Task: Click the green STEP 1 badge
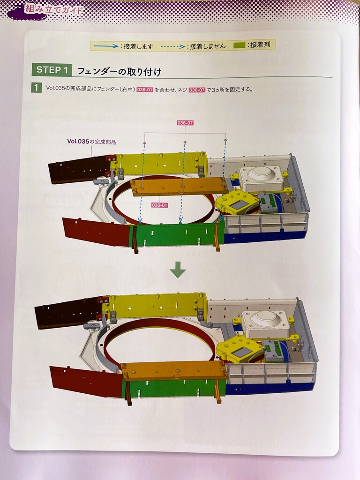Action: [52, 70]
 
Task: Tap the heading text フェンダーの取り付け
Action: [119, 72]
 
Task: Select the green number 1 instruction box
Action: [36, 88]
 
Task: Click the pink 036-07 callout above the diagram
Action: [185, 123]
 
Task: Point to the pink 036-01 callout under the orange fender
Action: [160, 205]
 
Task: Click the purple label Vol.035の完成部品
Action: [91, 142]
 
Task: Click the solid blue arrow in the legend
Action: [106, 46]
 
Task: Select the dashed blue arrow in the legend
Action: [173, 47]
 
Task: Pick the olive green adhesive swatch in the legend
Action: [239, 45]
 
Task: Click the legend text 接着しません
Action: [208, 46]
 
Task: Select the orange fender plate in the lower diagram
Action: [174, 370]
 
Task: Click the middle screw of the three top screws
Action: [185, 142]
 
